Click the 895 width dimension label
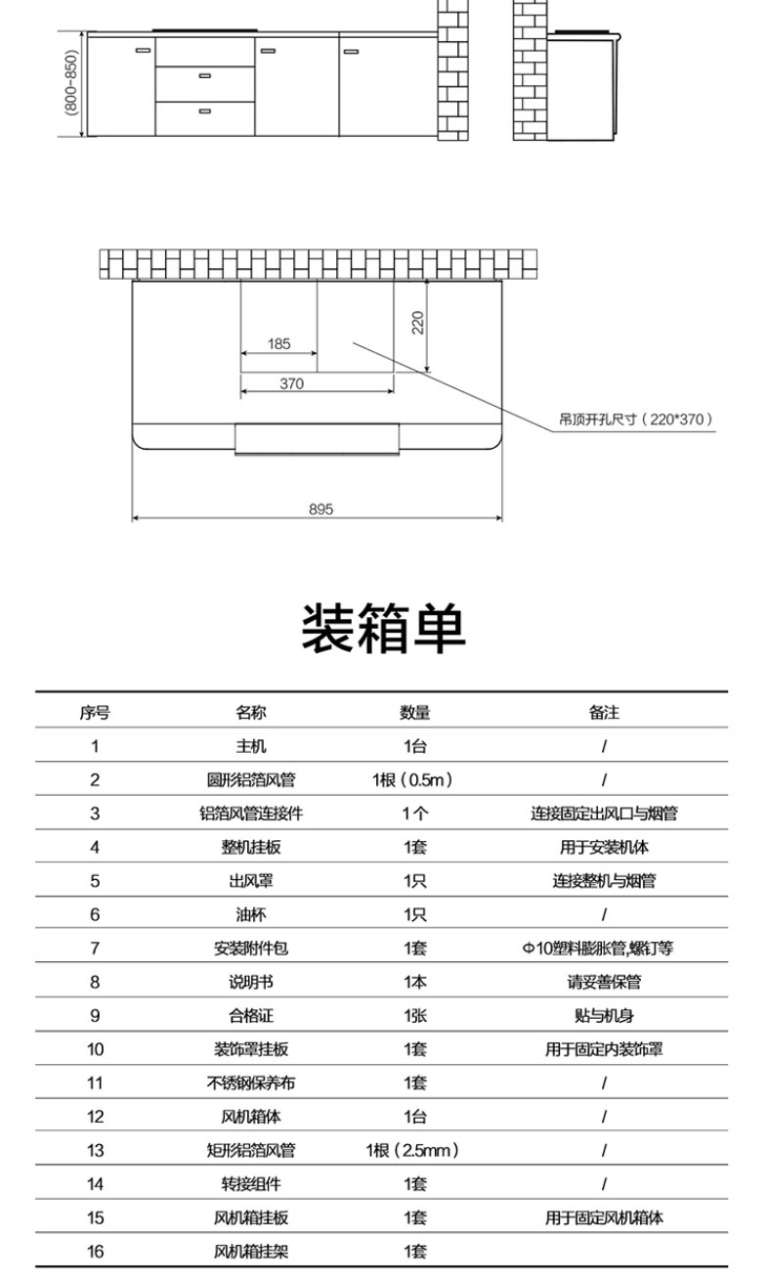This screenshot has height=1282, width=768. point(320,509)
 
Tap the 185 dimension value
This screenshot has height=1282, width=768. point(279,344)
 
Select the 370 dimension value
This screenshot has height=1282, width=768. point(291,384)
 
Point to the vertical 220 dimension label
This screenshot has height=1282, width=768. point(418,322)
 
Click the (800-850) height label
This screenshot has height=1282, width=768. point(70,83)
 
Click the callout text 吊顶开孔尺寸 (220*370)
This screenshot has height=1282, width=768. point(635,420)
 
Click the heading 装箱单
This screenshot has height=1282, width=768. point(383,628)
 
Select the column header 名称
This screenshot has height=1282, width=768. point(250,713)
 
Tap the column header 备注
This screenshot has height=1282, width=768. point(604,713)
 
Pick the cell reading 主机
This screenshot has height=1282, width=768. point(250,747)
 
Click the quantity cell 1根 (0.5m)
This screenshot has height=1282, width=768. point(412,780)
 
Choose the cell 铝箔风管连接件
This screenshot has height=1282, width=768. point(250,814)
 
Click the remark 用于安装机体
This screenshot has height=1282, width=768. point(604,848)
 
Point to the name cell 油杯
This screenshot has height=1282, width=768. point(250,915)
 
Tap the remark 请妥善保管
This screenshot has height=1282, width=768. point(604,982)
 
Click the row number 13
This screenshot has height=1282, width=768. point(95,1151)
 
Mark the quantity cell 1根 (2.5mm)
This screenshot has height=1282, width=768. point(412,1151)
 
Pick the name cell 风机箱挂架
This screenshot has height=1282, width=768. point(250,1252)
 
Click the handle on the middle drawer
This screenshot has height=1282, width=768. point(205,75)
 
